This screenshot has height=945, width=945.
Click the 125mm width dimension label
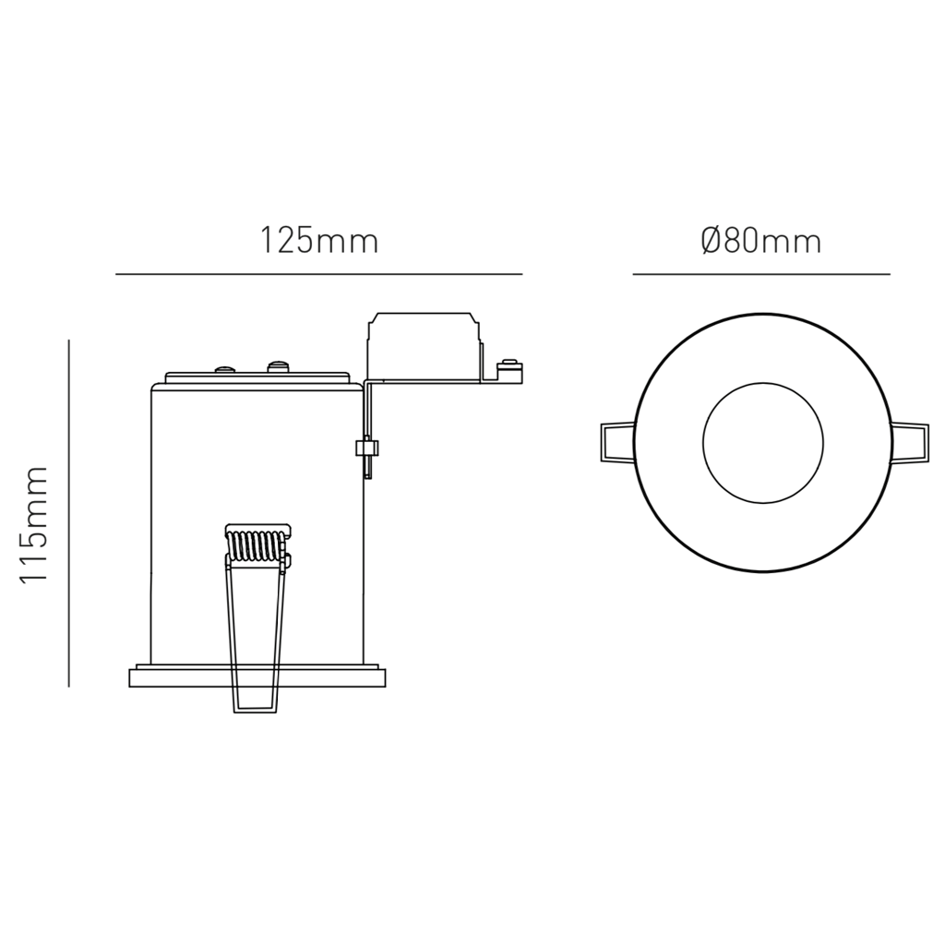[318, 242]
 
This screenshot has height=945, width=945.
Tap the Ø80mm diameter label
[760, 242]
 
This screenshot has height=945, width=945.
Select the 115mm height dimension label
[34, 524]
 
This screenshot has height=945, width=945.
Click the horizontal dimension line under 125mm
[318, 274]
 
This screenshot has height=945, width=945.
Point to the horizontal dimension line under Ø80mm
[760, 274]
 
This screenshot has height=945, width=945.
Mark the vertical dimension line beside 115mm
[69, 513]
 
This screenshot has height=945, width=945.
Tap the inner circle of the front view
[762, 442]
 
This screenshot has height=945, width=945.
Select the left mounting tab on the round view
[616, 441]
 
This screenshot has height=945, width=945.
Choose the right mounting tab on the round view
[908, 441]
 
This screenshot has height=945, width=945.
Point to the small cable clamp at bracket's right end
[509, 371]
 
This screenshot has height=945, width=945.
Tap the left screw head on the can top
[223, 370]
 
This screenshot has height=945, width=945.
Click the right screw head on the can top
[277, 367]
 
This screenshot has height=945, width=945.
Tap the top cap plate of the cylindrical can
[257, 378]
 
